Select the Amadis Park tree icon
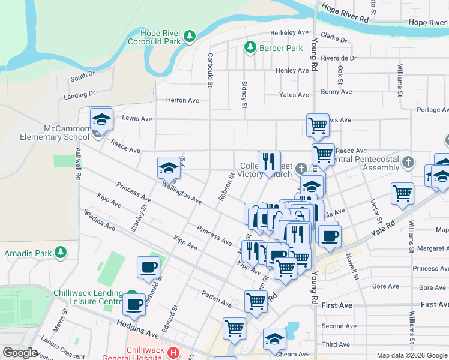tap(60, 253)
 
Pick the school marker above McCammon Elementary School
tap(101, 119)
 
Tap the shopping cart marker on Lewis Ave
tap(318, 125)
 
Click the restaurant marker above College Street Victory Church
tap(269, 161)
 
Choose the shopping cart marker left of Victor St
tap(402, 194)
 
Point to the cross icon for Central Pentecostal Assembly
tap(408, 162)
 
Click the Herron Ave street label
tap(182, 100)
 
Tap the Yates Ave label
tap(294, 95)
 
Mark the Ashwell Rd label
tap(78, 166)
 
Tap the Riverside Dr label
tap(339, 58)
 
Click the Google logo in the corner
tap(20, 353)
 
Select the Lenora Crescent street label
tap(63, 348)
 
